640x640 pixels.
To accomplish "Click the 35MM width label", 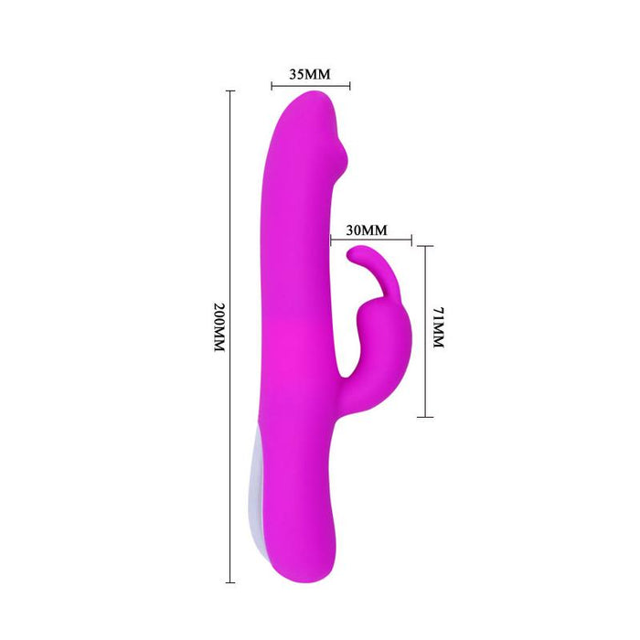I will [309, 75].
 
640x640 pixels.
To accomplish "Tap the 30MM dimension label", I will [368, 229].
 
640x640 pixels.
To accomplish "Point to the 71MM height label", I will [438, 330].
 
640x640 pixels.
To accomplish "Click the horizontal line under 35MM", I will [311, 89].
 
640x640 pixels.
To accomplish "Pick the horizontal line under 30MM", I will [370, 242].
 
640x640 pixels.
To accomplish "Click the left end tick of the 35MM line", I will [272, 89].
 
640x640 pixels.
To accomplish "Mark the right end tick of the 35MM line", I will [350, 89].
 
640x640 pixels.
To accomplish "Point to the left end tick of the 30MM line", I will [331, 242].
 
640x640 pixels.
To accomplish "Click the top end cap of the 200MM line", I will [230, 91].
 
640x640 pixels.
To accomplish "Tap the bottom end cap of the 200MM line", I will [230, 581].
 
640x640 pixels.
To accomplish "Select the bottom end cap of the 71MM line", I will [425, 417].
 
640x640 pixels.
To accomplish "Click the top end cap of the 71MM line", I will [425, 248].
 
